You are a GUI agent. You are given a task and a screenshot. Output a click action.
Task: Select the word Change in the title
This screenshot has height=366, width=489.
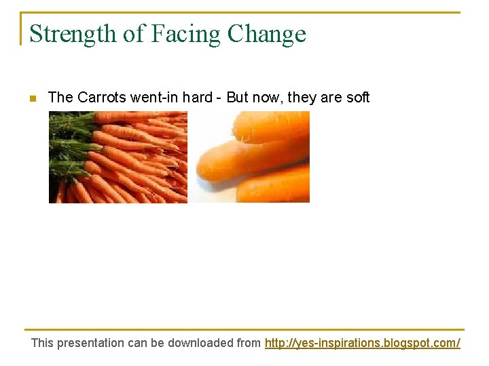267,34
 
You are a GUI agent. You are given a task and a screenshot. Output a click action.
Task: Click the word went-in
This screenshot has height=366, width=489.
153,98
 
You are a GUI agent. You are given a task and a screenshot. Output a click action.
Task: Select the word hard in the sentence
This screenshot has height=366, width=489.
197,98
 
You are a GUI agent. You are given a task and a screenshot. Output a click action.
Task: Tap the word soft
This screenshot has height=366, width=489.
358,98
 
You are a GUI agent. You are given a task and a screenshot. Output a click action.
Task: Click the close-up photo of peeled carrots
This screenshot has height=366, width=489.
251,157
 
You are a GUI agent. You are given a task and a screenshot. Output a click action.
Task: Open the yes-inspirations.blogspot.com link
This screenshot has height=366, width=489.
362,343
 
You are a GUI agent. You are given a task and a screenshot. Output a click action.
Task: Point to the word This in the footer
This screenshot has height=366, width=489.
42,343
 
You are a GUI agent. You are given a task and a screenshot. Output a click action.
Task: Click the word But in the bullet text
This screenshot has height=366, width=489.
238,98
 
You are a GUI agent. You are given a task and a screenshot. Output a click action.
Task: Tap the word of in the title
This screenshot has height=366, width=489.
130,34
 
